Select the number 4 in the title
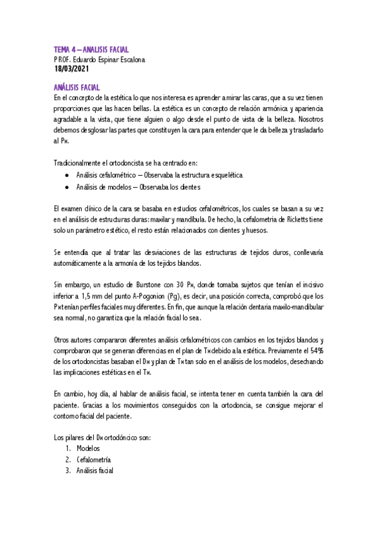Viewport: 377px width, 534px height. pyautogui.click(x=77, y=50)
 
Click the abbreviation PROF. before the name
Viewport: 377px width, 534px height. pyautogui.click(x=62, y=60)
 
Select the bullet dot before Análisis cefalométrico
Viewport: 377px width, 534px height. pyautogui.click(x=67, y=175)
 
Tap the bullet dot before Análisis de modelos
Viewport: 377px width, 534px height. pyautogui.click(x=67, y=186)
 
